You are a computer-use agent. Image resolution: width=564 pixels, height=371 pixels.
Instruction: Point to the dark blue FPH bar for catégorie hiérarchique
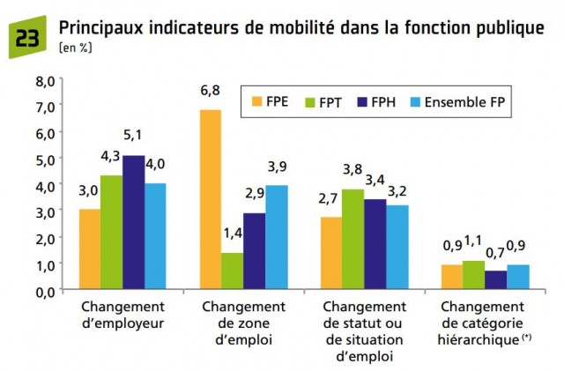[496, 279]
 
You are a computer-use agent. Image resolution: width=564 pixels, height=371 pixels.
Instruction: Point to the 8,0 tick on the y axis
[44, 80]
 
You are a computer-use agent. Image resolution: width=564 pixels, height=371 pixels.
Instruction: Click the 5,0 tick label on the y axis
[44, 159]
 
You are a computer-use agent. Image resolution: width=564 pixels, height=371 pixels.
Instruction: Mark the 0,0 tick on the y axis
[44, 290]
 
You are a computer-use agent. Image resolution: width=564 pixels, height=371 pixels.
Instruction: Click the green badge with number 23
[26, 38]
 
